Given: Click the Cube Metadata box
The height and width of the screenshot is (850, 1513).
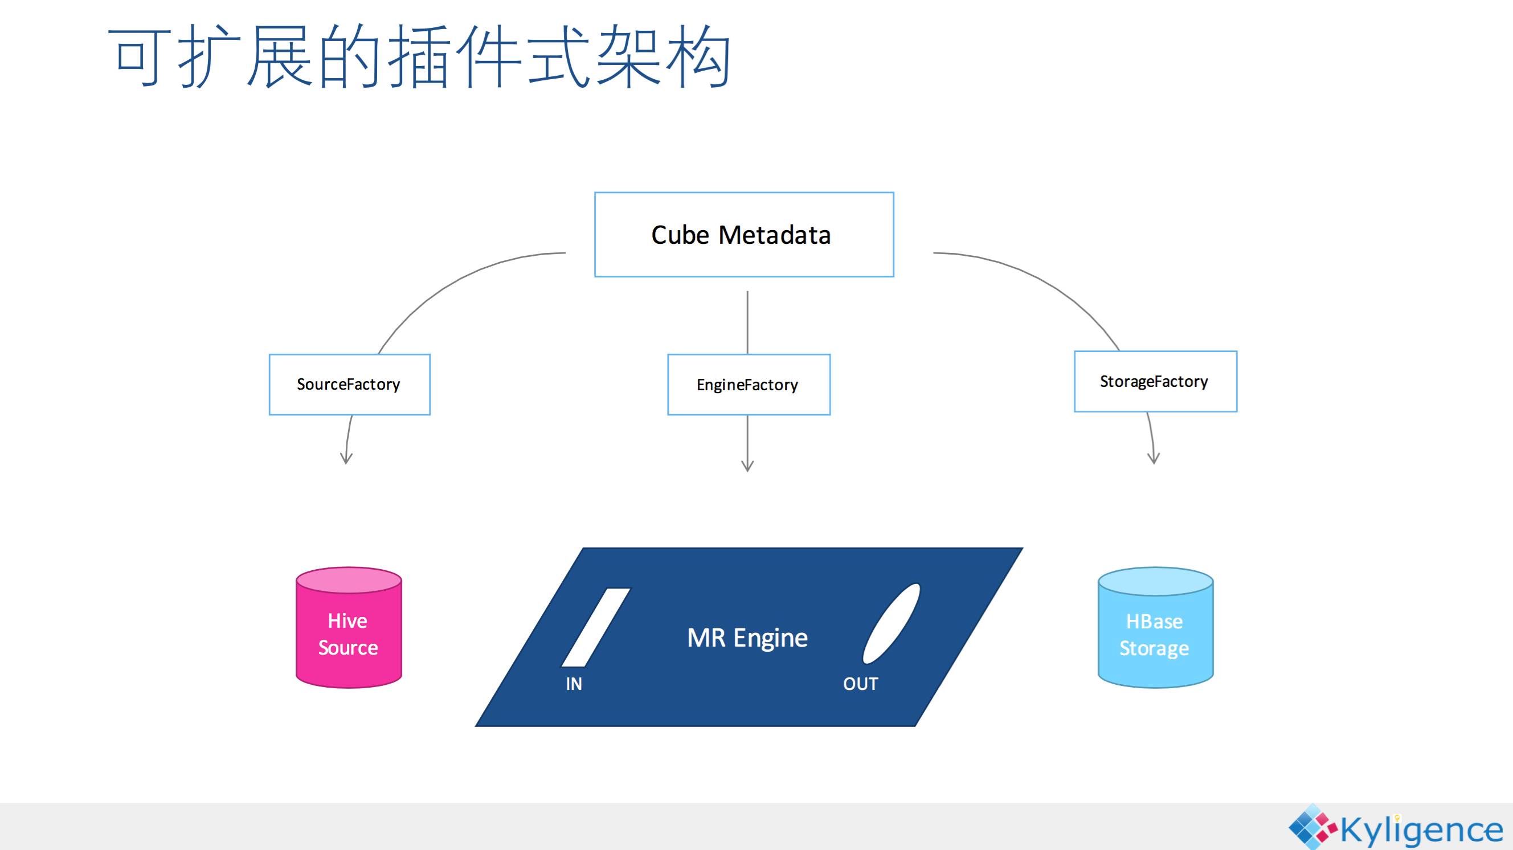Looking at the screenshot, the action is point(744,234).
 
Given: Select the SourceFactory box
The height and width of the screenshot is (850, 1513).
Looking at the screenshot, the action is point(349,384).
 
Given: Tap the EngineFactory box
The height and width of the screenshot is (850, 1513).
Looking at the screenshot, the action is point(749,384).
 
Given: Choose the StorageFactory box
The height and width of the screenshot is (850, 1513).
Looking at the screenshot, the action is point(1155,381).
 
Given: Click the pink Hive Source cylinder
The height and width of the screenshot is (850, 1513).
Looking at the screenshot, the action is point(349,627).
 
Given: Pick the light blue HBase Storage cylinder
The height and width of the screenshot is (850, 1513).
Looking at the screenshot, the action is point(1155,627).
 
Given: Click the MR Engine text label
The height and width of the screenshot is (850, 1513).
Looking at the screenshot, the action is point(747,638).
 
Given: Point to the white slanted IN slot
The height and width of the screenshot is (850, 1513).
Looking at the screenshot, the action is point(595,627).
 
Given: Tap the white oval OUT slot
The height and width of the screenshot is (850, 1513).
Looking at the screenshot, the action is point(891,624).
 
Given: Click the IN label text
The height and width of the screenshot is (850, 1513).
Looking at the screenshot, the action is point(574,684).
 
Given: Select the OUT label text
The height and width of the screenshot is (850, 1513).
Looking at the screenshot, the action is point(860,684).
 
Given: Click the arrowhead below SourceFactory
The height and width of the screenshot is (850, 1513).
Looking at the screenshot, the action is point(346,457).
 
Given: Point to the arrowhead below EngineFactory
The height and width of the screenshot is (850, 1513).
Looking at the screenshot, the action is point(747,465).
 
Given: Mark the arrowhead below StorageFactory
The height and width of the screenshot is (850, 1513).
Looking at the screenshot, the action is point(1154,457).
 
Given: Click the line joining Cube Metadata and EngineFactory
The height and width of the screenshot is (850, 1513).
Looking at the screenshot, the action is point(747,322).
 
